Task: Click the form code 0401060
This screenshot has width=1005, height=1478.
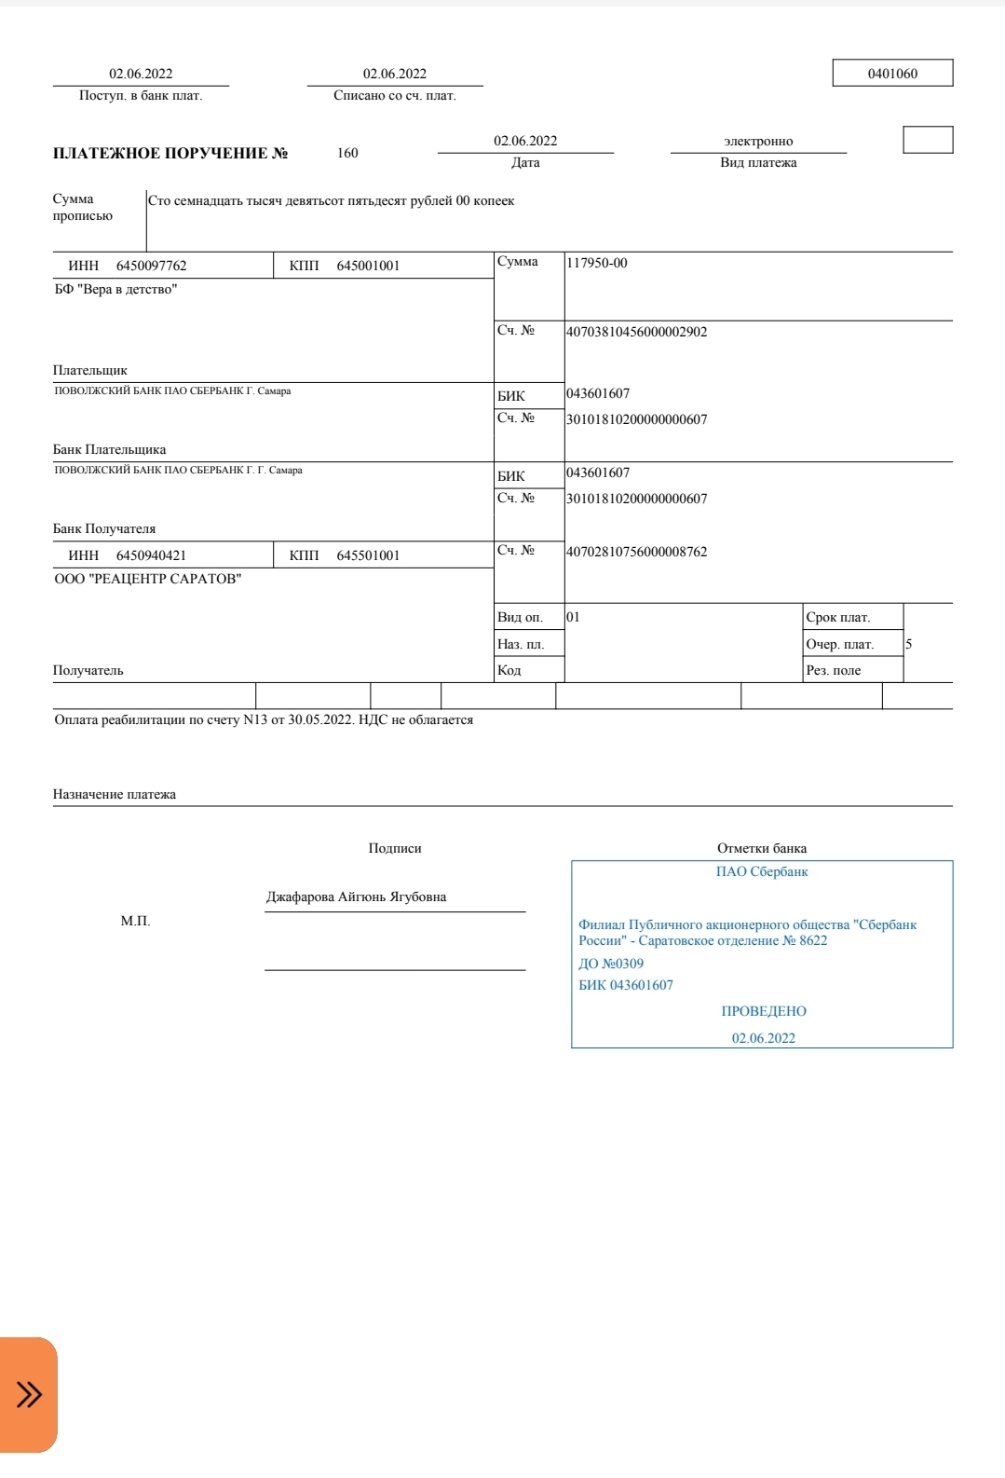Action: click(892, 74)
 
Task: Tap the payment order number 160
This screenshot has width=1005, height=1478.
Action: click(347, 153)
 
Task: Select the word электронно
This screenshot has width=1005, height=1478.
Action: click(758, 142)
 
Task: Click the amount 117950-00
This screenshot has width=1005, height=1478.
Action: click(597, 263)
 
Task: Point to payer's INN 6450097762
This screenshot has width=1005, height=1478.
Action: click(151, 266)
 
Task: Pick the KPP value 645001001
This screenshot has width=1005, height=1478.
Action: click(368, 266)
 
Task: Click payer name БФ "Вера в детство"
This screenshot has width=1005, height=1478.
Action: click(115, 290)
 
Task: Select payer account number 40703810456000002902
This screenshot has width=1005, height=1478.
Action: click(637, 332)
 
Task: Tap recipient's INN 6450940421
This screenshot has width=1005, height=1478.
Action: click(151, 555)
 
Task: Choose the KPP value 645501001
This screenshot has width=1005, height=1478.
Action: click(368, 555)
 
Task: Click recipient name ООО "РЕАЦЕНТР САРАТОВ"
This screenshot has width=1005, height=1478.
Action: click(148, 579)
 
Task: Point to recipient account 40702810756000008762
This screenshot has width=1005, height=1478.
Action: click(637, 552)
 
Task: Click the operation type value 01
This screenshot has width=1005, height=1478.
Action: click(573, 617)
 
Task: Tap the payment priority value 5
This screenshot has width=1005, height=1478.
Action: click(909, 644)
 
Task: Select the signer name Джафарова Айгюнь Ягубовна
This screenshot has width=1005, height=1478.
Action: click(356, 896)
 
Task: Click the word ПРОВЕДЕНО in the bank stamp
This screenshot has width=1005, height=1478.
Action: click(764, 1011)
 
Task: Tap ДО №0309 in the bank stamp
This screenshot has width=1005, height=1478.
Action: click(611, 964)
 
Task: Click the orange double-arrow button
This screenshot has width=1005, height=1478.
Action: click(29, 1394)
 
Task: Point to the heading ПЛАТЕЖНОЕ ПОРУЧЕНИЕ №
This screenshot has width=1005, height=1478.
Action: click(170, 154)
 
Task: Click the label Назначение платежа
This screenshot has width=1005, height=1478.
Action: click(115, 795)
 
